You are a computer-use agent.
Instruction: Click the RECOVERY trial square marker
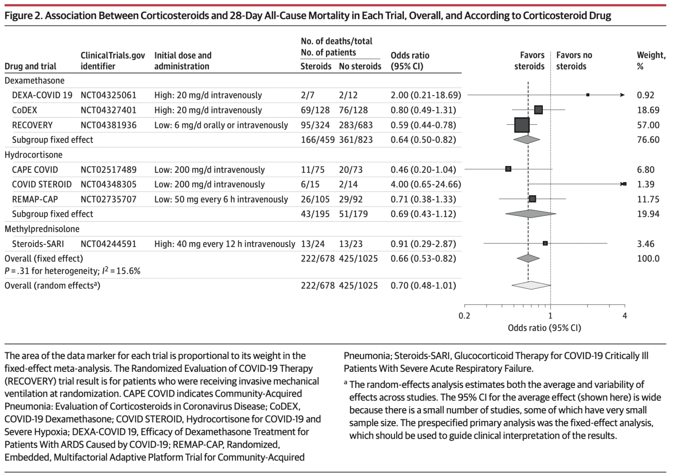click(521, 125)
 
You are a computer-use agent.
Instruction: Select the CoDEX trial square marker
click(538, 110)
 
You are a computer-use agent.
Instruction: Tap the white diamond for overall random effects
click(531, 285)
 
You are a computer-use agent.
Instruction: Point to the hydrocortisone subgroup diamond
click(530, 214)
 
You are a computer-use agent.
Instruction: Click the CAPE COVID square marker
click(508, 169)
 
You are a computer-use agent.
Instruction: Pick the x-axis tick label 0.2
click(464, 316)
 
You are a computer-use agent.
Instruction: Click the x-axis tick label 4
click(625, 316)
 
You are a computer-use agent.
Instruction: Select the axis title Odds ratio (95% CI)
click(544, 328)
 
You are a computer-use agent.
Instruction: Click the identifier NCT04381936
click(108, 125)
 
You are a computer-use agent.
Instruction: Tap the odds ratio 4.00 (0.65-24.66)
click(425, 184)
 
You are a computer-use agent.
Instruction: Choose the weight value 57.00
click(648, 125)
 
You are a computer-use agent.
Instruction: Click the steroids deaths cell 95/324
click(315, 125)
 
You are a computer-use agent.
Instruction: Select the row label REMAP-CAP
click(35, 199)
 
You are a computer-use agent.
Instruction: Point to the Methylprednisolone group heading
click(42, 229)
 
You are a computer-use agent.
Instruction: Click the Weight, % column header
click(651, 60)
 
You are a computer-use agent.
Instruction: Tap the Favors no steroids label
click(574, 60)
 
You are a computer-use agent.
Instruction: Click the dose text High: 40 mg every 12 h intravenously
click(224, 244)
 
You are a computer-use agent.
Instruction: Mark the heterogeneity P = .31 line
click(72, 271)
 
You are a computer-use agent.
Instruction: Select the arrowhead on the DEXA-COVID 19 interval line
click(622, 95)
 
